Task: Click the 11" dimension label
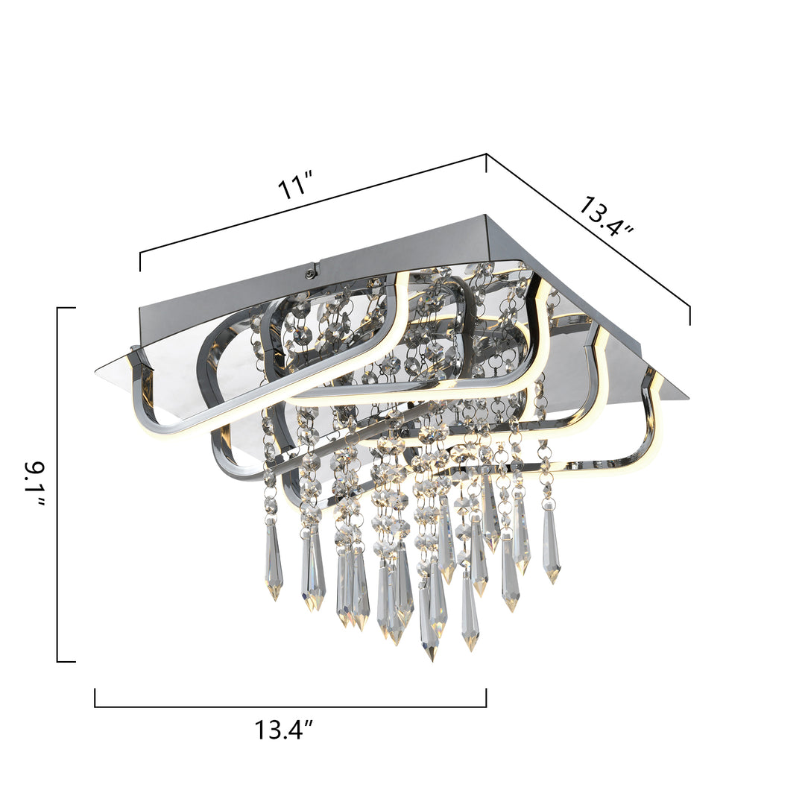[x=294, y=187]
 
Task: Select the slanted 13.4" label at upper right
[x=606, y=216]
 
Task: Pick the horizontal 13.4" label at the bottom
[x=284, y=730]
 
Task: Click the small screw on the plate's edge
[x=309, y=274]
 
